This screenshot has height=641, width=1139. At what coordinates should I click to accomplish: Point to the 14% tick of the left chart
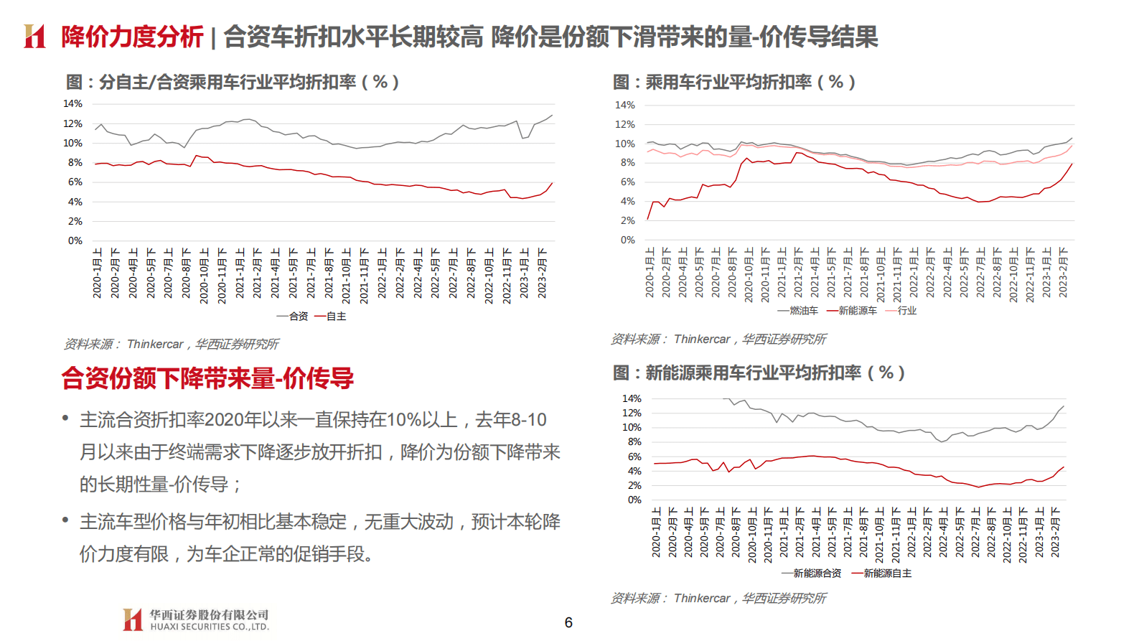coord(72,103)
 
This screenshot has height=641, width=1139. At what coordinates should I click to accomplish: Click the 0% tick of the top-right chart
coord(627,240)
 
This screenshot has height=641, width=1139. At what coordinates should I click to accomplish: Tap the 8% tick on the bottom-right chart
coord(634,442)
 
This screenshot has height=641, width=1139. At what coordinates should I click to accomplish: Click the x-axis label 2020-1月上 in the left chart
coord(98,273)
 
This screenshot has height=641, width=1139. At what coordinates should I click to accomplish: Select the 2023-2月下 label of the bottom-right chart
coord(1055,532)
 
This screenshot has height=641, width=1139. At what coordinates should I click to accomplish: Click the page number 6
coord(568,622)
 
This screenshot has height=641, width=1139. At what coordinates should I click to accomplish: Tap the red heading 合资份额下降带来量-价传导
coord(207,378)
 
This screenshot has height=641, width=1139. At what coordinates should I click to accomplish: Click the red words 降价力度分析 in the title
coord(132,37)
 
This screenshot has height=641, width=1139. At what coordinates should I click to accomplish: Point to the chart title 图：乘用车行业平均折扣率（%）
coord(733,82)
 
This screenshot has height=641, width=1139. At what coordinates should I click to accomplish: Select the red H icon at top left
coord(34,36)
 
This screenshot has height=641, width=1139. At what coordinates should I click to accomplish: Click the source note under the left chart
coord(171,344)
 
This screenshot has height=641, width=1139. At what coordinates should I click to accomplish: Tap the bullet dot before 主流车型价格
coord(65,520)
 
